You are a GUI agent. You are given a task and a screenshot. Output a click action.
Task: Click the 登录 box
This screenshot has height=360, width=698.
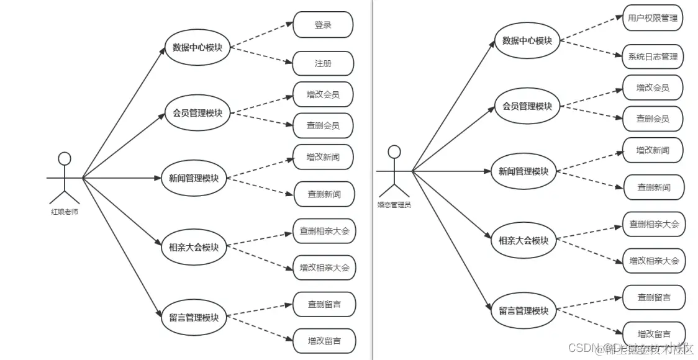pos(323,25)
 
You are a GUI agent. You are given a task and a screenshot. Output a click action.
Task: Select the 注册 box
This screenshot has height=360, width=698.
pos(323,63)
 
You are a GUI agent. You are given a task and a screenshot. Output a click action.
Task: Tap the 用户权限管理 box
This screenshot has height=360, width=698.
pos(653,17)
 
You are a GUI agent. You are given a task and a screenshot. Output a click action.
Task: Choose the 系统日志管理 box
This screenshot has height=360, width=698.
pos(653,56)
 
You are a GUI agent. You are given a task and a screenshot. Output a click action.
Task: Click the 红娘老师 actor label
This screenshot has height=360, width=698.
pos(65,211)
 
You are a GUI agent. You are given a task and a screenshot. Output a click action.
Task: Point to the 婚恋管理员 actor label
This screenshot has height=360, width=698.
pos(394,204)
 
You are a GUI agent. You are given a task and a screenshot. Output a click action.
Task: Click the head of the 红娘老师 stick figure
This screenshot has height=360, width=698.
pos(65,158)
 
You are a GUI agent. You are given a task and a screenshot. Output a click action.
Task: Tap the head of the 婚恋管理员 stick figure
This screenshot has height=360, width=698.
pos(394,151)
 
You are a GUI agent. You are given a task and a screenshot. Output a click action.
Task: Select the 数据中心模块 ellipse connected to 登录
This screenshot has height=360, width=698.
pos(197,47)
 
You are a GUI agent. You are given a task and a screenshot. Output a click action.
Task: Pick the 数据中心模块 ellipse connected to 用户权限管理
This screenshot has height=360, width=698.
pos(527,40)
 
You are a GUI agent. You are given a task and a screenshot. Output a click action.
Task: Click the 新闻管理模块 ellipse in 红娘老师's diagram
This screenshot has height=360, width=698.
pos(194,178)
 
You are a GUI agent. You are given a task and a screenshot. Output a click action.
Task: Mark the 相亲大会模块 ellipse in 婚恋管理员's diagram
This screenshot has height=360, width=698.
pos(523,240)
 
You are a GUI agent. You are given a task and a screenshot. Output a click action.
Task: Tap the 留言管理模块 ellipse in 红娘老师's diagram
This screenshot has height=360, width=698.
pos(194,318)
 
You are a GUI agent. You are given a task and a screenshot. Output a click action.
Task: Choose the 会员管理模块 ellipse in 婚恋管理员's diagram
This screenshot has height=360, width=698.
pos(527,106)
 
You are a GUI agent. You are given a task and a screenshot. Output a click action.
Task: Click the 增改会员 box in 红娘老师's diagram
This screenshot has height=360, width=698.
pos(323,94)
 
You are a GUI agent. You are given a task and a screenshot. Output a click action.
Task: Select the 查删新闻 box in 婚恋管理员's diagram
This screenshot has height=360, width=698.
pos(653,187)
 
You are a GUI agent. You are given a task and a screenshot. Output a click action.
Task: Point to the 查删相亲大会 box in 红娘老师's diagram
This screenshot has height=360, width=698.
pos(324,232)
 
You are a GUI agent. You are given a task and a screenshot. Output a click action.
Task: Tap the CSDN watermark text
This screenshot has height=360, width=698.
pos(640,348)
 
